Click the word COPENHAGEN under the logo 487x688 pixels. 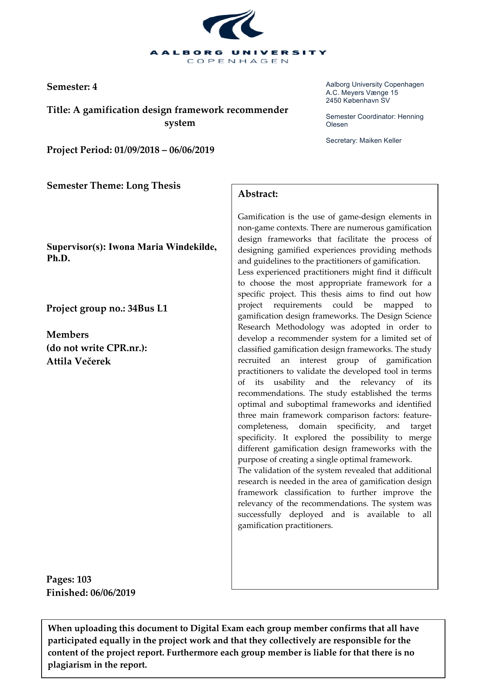tap(238, 61)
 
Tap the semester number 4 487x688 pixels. tap(95, 87)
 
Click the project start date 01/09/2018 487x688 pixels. tap(137, 150)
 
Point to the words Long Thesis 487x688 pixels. tap(153, 186)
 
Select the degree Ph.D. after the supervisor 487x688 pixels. tap(58, 259)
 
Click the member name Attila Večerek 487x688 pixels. tap(78, 361)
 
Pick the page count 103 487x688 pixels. tap(84, 579)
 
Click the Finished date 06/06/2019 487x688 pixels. tap(113, 593)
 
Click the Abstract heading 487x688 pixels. tap(258, 194)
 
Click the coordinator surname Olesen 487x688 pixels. tap(337, 125)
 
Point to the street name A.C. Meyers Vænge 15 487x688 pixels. tap(361, 93)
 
